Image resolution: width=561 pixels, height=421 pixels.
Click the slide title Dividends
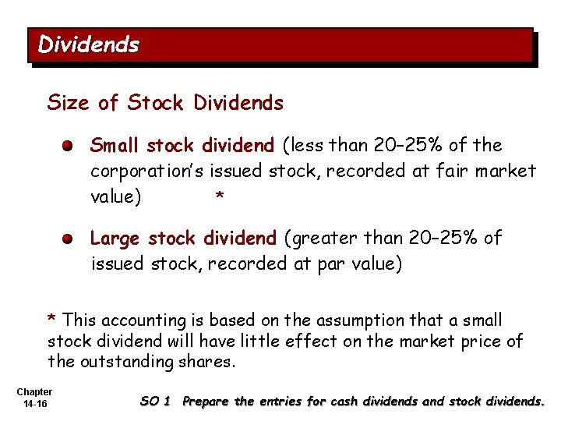(88, 44)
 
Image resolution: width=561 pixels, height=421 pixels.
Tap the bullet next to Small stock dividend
(69, 146)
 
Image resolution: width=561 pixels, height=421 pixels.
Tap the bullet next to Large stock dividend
(69, 239)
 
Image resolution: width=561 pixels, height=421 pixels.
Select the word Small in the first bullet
(115, 146)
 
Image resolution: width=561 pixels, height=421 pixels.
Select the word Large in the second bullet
(115, 238)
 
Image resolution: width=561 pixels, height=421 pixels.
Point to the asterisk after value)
(220, 198)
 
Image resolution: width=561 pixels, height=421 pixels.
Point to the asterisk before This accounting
(51, 320)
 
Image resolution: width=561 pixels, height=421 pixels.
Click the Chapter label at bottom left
(34, 391)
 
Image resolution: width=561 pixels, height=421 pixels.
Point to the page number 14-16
(34, 405)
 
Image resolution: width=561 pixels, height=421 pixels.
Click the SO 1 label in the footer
(154, 402)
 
